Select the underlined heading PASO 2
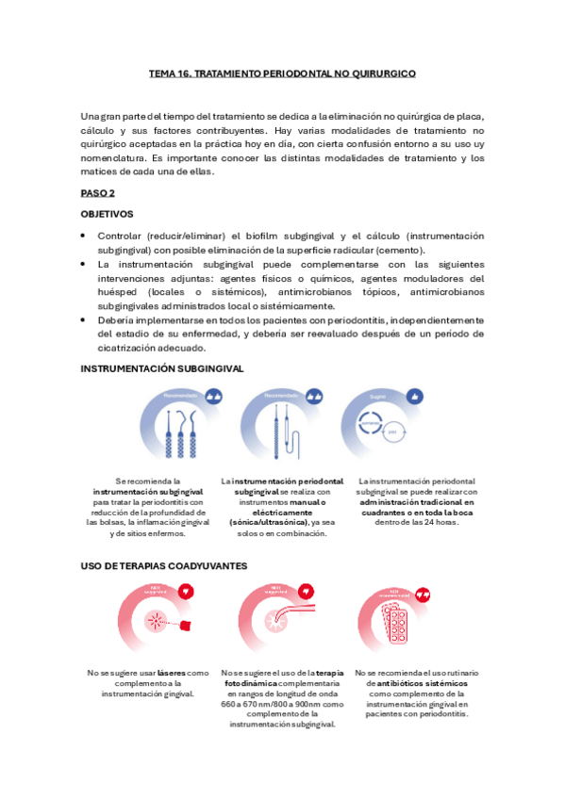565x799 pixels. pyautogui.click(x=97, y=192)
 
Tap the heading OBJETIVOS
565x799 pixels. pyautogui.click(x=107, y=214)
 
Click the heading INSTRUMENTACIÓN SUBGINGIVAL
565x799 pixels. pyautogui.click(x=162, y=368)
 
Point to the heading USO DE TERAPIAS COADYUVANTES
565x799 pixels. pyautogui.click(x=164, y=565)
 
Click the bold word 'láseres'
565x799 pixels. pyautogui.click(x=172, y=673)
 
